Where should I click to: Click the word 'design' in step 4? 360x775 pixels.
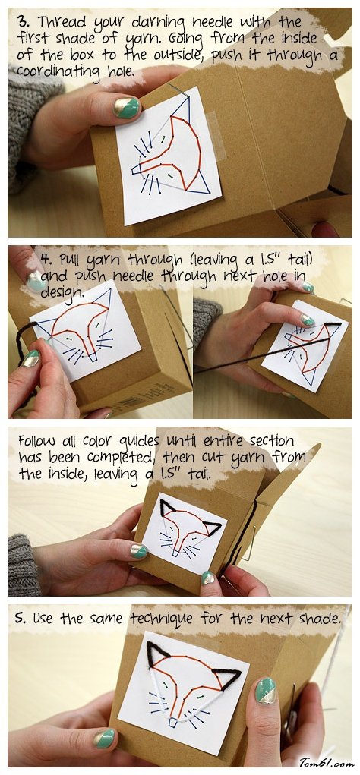(x=62, y=292)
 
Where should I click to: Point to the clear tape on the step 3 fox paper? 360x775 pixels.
(x=216, y=133)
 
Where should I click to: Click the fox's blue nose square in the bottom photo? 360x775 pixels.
(x=173, y=723)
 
